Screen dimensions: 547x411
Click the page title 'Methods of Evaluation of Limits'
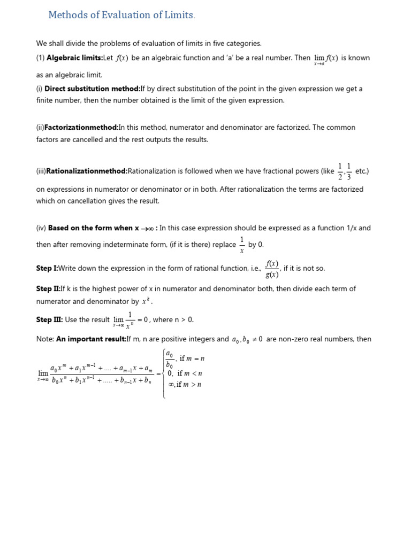120,15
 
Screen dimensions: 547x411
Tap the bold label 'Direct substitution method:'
92,89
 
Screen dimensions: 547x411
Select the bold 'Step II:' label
48,289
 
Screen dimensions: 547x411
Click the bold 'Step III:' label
49,320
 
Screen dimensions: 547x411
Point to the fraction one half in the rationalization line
340,171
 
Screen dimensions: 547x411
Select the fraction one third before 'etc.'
349,171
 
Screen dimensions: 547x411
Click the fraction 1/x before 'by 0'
242,245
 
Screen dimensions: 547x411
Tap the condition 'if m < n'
189,373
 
